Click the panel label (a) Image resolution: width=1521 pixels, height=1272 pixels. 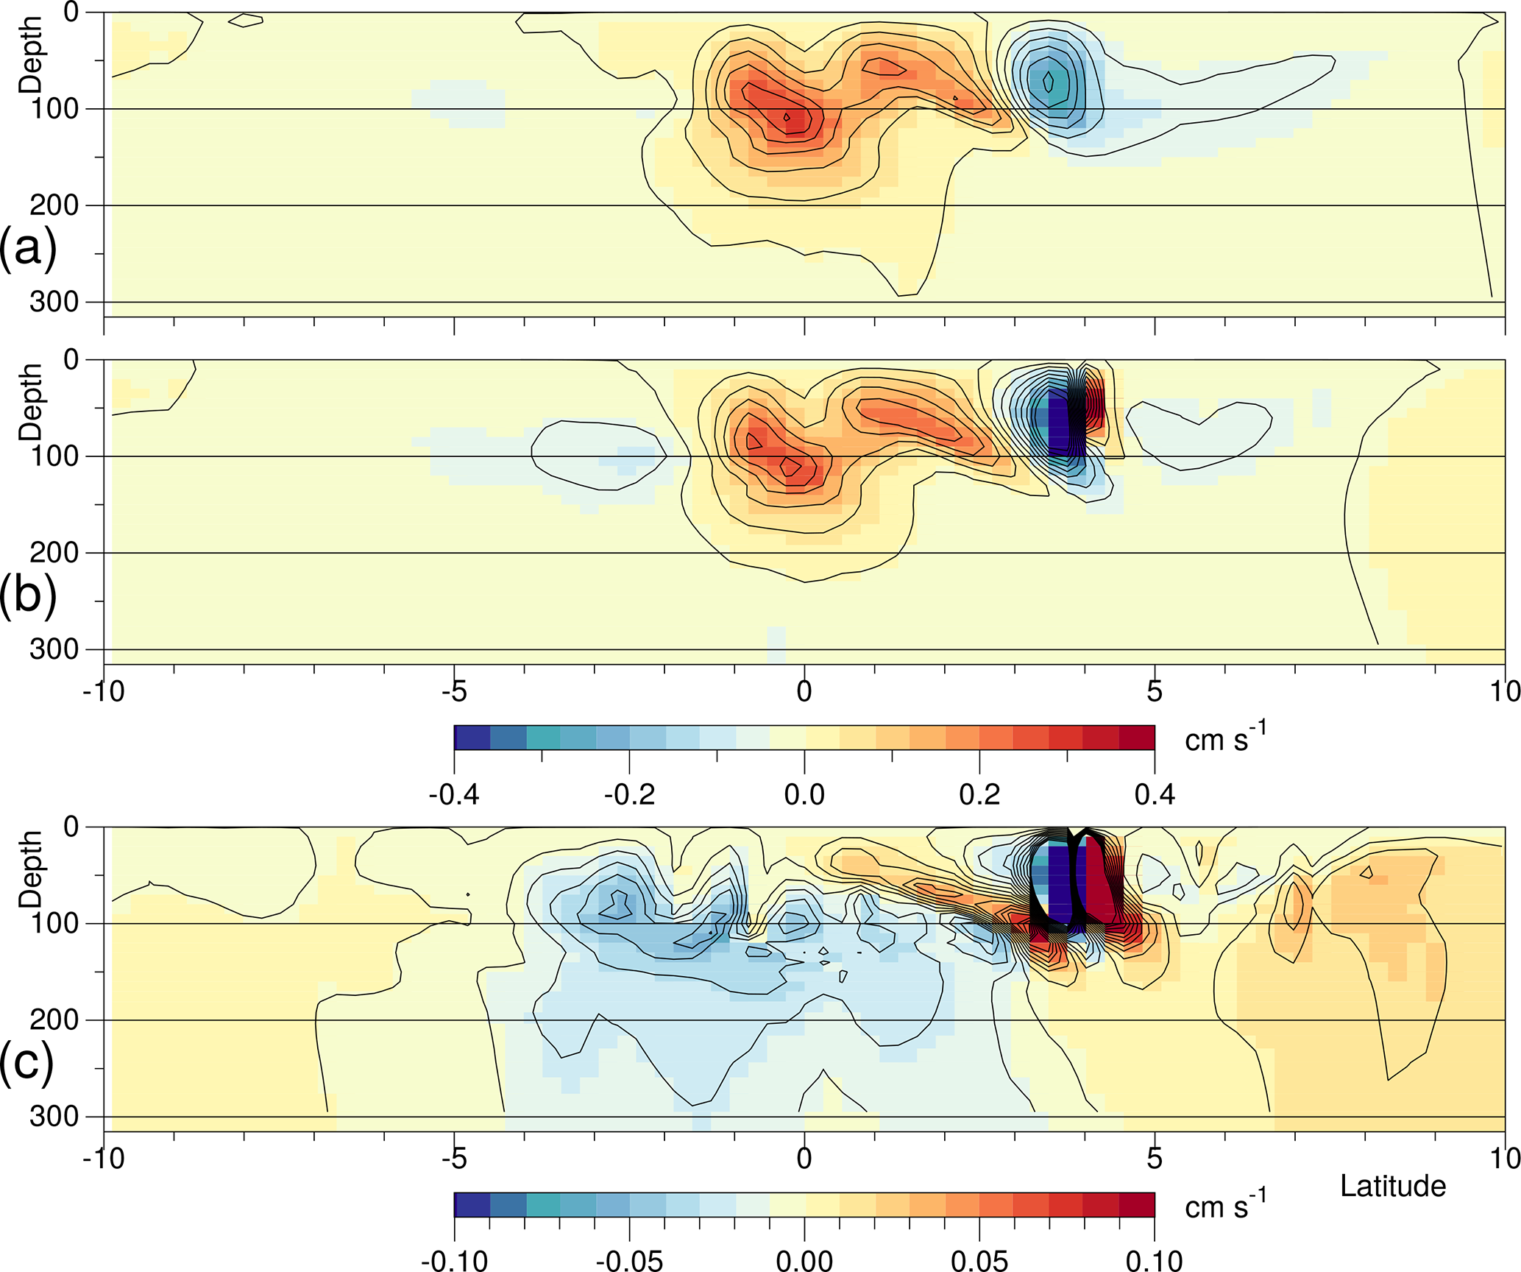coord(27,249)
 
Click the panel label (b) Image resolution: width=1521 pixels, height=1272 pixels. coord(27,595)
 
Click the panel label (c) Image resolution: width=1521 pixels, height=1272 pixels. coord(27,1061)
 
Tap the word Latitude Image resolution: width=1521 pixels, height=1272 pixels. coord(1392,1186)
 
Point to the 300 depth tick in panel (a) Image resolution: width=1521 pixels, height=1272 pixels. coord(54,302)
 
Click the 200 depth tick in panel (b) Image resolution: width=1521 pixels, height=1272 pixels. coord(54,553)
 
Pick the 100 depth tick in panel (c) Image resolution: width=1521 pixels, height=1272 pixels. coord(54,923)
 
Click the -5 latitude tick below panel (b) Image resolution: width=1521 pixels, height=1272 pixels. coord(454,691)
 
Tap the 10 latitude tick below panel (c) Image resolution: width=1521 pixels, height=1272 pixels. coord(1504,1158)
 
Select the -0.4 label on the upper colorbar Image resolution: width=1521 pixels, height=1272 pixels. coord(454,794)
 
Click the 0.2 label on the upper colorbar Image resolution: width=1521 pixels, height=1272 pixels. coord(979,794)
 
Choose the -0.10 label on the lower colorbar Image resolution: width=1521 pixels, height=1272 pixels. coord(454,1260)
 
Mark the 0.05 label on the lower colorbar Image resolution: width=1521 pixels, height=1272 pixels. coord(979,1260)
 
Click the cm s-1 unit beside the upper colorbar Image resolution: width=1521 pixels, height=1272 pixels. coord(1224,738)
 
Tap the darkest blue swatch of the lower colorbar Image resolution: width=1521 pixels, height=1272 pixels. coord(472,1204)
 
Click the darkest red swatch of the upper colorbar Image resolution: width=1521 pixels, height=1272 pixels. coord(1137,738)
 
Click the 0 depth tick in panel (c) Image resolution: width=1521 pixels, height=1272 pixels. coord(71,827)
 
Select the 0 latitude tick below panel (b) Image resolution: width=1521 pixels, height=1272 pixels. coord(804,691)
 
